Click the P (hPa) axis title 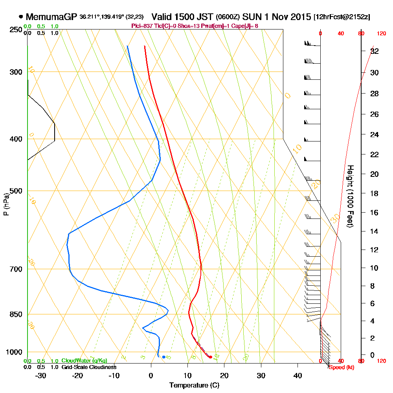click(6, 204)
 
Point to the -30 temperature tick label click(41, 376)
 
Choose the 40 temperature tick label click(298, 376)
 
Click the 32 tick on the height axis click(375, 51)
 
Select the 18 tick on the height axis click(375, 193)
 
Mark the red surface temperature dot click(211, 357)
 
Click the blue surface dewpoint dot click(163, 357)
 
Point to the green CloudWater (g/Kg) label click(84, 361)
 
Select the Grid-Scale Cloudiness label click(89, 367)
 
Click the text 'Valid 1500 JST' click(183, 17)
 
